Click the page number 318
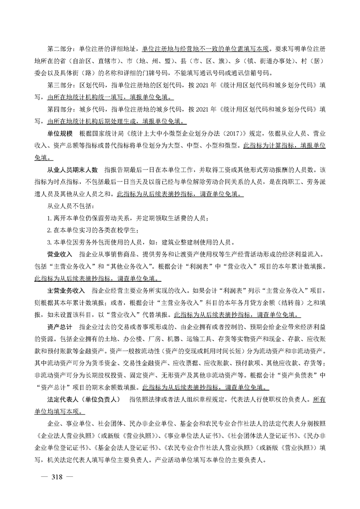57,476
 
